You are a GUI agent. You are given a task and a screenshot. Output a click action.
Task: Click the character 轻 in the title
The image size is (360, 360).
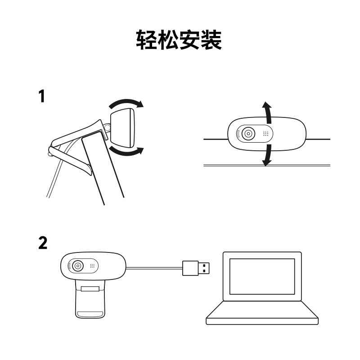point(147,40)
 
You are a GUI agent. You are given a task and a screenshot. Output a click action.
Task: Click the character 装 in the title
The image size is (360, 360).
point(211,40)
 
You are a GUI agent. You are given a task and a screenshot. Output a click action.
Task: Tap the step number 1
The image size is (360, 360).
point(41,96)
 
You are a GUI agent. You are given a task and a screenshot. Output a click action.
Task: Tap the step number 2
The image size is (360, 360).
point(42,243)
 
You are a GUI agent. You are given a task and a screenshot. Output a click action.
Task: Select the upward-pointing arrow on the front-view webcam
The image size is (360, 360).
point(268,112)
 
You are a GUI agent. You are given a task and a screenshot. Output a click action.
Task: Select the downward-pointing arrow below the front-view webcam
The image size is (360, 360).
point(268,155)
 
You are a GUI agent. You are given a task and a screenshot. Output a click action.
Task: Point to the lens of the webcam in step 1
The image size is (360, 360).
point(247,134)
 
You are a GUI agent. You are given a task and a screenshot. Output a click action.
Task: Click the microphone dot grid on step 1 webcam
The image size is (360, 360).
point(266,134)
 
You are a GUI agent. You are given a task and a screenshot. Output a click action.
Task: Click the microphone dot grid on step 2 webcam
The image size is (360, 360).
point(92,265)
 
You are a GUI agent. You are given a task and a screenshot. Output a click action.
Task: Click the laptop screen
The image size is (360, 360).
point(262,276)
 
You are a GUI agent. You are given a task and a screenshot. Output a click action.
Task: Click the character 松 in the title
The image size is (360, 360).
point(168,40)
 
